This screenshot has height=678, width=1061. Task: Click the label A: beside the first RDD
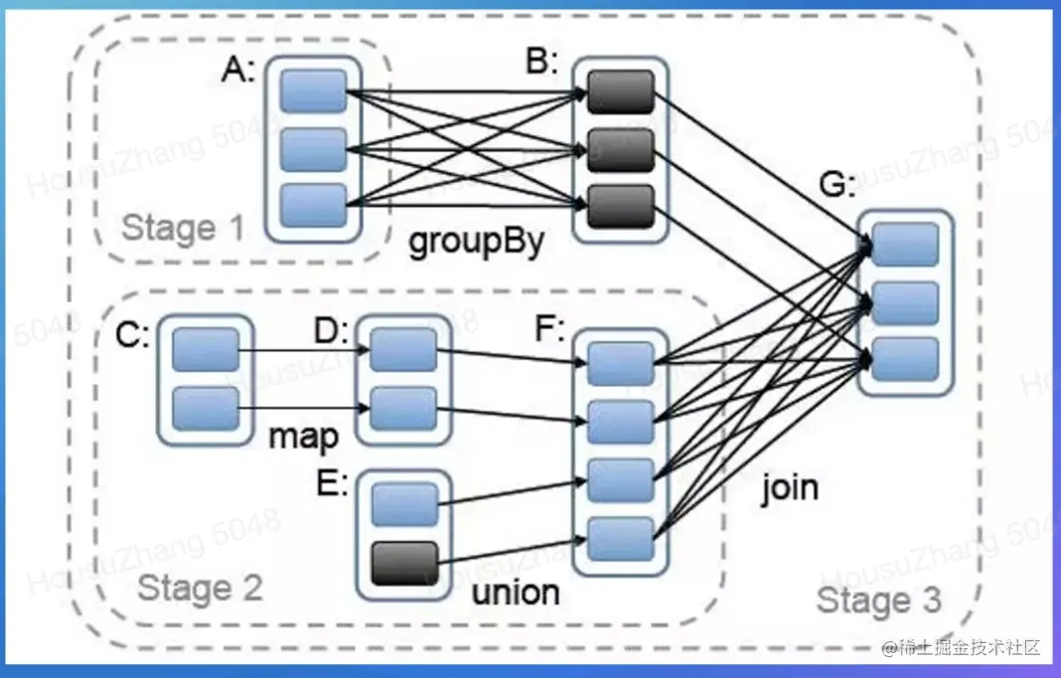click(x=238, y=70)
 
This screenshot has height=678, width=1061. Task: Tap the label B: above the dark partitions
click(x=542, y=62)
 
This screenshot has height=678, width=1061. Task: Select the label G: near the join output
click(x=837, y=184)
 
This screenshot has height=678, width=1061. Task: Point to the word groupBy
click(x=477, y=243)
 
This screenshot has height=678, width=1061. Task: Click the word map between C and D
click(x=304, y=436)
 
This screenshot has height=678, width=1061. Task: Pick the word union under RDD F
click(x=516, y=593)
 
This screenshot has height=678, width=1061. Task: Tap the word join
click(x=790, y=488)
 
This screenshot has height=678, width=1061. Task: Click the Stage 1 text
click(x=182, y=228)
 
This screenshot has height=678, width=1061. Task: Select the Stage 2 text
click(x=200, y=588)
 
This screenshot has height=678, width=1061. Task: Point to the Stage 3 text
click(x=879, y=600)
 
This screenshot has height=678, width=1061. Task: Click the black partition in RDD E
click(x=404, y=564)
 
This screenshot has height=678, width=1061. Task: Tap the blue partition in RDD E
click(x=404, y=505)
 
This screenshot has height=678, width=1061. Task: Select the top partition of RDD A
click(x=313, y=91)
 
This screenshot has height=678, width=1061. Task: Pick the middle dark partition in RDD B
click(x=621, y=150)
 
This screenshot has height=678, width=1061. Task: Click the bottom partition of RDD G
click(x=905, y=359)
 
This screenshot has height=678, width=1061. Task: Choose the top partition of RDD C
click(x=206, y=350)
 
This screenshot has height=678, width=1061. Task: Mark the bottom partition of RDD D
click(x=403, y=409)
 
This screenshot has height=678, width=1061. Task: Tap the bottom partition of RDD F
click(x=621, y=539)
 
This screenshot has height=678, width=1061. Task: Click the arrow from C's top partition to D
click(x=304, y=350)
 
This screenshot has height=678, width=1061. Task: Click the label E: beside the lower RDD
click(x=332, y=483)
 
